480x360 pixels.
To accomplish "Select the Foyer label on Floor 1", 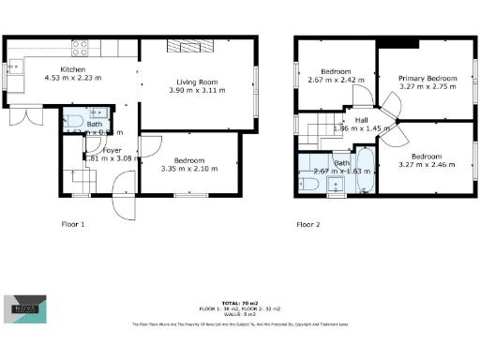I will coord(112,149).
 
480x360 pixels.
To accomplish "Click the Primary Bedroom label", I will coord(427,78).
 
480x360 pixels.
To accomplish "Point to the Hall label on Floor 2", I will coord(361,120).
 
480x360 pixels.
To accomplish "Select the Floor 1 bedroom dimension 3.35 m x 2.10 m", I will coord(187,169).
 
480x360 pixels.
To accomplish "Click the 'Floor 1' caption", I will coord(73,225).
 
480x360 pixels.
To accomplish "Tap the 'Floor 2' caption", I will coord(308,225).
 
